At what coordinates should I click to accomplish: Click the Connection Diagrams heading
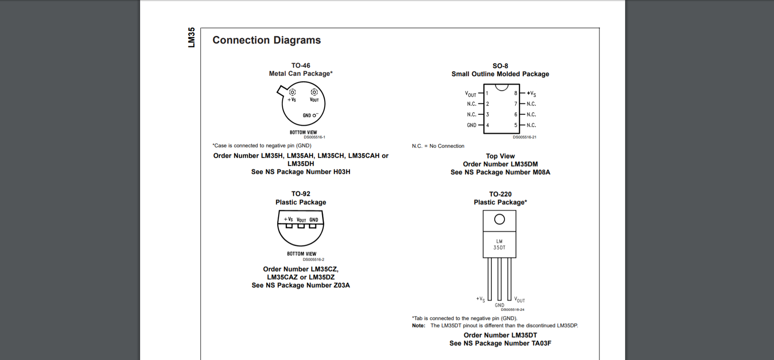point(267,40)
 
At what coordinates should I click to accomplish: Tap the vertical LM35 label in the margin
point(192,37)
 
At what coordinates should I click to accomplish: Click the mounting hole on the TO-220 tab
point(499,219)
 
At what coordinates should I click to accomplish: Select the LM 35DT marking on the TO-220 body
point(499,245)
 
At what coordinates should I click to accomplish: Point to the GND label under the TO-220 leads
point(499,305)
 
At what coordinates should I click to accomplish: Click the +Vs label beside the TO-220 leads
point(480,299)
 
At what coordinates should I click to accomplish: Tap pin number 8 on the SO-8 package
point(515,93)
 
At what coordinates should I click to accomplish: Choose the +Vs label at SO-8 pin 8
point(532,93)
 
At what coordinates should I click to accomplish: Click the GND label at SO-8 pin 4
point(471,125)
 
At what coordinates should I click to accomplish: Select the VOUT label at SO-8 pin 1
point(471,94)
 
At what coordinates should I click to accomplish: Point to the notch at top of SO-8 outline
point(501,87)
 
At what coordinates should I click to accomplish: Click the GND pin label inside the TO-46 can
point(307,115)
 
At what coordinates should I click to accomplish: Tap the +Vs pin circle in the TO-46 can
point(292,92)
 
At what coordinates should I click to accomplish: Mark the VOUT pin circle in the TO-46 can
point(314,92)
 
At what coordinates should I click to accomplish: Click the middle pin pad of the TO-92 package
point(301,226)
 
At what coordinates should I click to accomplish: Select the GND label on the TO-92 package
point(314,220)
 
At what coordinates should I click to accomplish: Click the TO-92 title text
point(300,194)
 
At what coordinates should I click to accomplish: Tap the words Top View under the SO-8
point(500,156)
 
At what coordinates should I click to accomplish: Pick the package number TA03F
point(541,343)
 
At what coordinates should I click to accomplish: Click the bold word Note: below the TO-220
point(419,326)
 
